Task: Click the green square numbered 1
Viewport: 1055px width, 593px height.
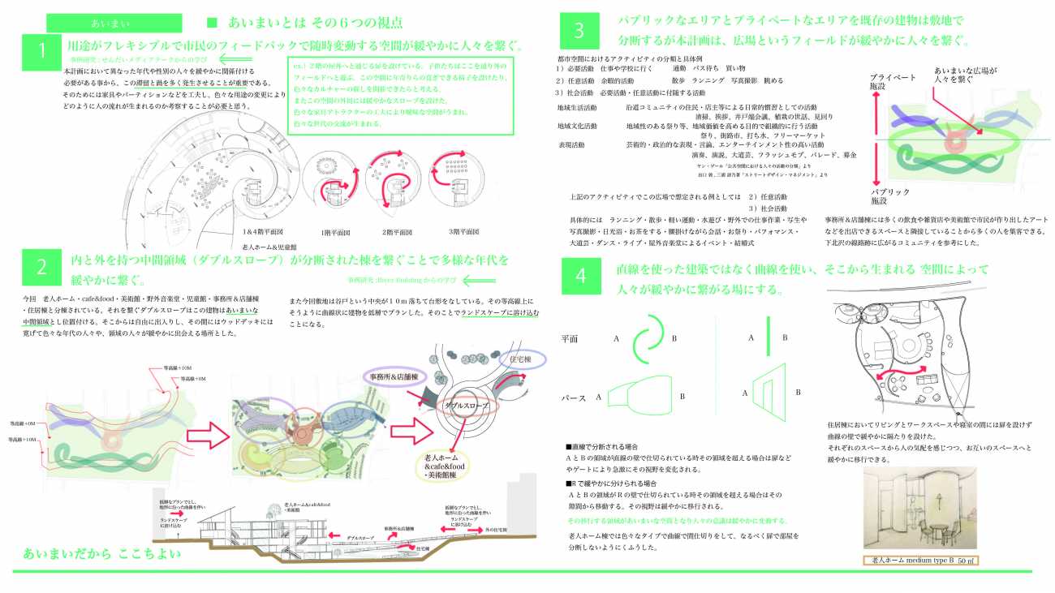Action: point(41,51)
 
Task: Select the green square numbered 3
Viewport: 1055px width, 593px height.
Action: point(579,31)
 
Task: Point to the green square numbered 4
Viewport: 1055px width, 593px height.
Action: point(579,276)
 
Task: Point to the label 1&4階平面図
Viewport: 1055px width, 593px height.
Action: point(262,231)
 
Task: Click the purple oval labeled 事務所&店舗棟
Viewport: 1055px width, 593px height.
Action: point(394,377)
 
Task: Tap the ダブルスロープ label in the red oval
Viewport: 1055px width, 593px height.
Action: point(463,405)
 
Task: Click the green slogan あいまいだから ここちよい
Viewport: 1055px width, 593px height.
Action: point(101,555)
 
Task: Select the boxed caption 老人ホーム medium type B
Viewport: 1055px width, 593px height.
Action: point(920,561)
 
